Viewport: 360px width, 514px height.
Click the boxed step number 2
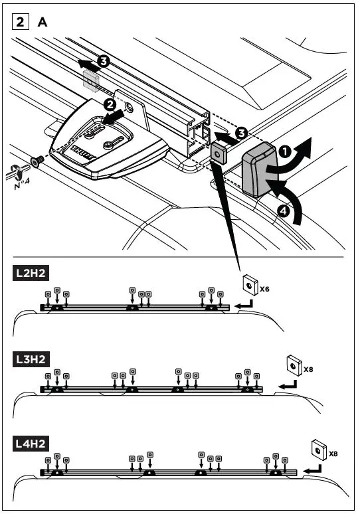[x=21, y=22]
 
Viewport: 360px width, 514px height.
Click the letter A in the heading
[x=43, y=22]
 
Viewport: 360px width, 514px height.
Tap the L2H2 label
[x=31, y=272]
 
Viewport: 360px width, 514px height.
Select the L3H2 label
[x=31, y=359]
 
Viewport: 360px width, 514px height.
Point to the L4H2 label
[x=31, y=443]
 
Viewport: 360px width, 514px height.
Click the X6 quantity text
[x=264, y=289]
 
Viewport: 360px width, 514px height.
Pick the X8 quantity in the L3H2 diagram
[x=308, y=367]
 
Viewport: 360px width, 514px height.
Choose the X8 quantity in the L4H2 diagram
[x=333, y=454]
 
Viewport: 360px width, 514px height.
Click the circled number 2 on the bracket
[x=110, y=104]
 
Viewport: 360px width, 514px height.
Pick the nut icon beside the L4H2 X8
[x=318, y=451]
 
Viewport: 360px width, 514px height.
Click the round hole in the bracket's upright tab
[x=131, y=106]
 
